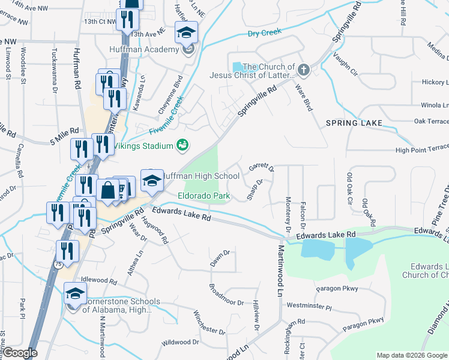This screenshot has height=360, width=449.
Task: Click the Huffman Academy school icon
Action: pos(186,32)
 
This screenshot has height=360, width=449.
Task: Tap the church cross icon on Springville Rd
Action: pos(304,70)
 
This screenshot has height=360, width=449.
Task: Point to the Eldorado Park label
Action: pos(204,196)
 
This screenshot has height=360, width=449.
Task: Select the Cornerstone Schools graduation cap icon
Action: pos(75,294)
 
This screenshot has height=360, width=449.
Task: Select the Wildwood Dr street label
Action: pos(180,343)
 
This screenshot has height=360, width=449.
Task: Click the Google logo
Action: pos(21,353)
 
